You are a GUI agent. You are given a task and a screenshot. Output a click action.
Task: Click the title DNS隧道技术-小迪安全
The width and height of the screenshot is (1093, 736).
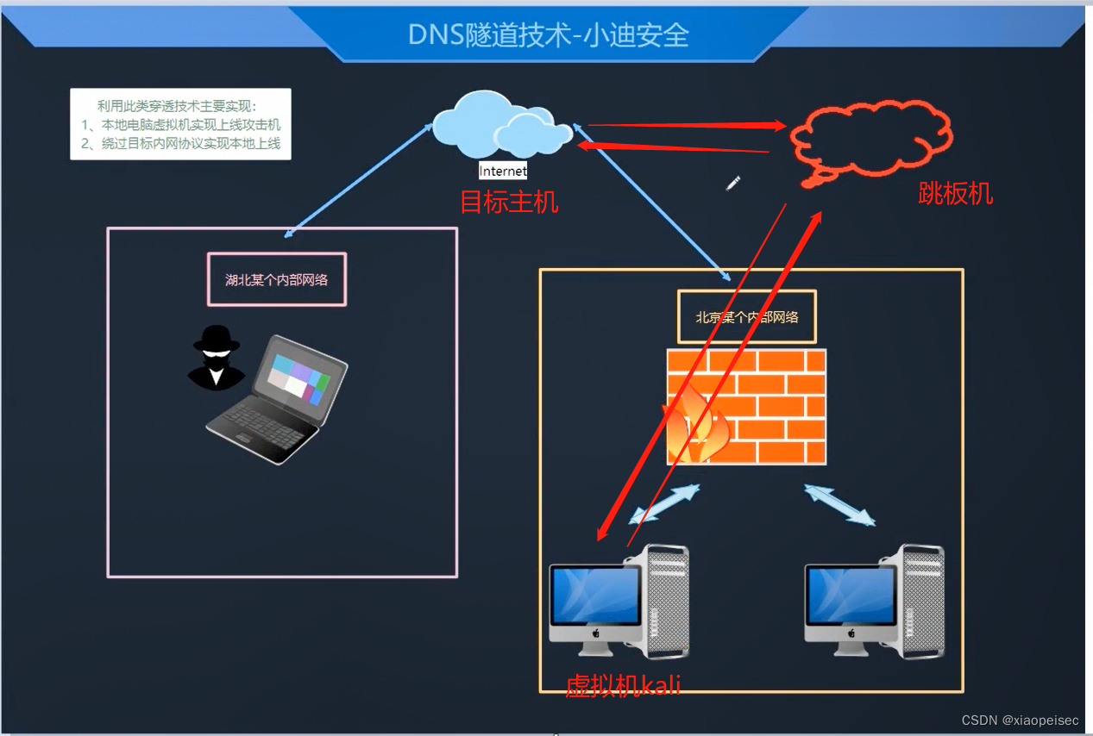point(549,34)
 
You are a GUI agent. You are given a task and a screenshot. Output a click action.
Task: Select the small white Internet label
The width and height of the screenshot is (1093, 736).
point(503,172)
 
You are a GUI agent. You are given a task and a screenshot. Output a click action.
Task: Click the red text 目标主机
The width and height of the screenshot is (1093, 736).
point(509,203)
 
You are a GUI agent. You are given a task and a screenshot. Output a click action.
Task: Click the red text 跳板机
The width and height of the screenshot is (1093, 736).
point(955,194)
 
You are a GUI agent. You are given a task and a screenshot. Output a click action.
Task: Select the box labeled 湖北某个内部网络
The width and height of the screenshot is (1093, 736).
point(277,279)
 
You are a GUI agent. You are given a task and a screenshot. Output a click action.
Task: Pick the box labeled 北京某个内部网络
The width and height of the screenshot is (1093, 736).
point(747,316)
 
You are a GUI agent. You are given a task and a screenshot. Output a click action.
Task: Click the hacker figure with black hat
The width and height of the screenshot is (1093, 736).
point(216,358)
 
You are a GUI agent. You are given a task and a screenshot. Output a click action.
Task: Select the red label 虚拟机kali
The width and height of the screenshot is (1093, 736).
point(623,686)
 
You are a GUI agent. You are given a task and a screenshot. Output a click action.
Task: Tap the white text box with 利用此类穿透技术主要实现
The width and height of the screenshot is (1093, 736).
point(180,123)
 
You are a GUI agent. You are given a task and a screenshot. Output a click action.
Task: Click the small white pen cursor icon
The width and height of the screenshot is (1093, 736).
point(733,182)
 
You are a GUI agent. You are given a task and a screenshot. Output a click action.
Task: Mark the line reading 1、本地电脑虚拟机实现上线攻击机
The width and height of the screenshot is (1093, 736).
point(181,125)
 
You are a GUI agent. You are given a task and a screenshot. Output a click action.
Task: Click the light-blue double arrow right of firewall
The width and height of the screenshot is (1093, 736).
point(839,504)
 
